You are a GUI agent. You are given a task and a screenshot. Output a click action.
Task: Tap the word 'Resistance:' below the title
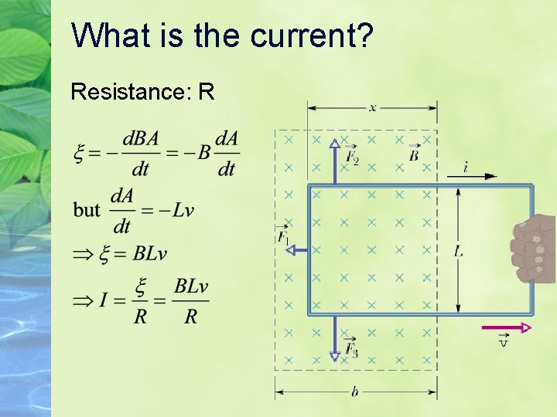(131, 93)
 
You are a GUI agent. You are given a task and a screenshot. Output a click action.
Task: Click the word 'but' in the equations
(87, 209)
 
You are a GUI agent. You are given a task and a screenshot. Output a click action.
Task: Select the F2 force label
(351, 155)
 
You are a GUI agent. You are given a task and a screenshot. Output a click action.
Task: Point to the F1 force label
(283, 235)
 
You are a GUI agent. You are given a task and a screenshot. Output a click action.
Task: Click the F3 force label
(351, 349)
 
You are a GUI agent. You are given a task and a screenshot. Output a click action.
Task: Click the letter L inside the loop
(459, 250)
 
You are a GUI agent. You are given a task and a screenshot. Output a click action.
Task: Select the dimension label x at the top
(372, 107)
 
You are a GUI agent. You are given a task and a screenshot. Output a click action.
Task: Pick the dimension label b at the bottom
(354, 392)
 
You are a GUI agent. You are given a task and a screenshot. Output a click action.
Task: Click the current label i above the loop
(466, 165)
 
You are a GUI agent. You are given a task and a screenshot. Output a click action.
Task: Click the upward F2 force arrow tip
(334, 143)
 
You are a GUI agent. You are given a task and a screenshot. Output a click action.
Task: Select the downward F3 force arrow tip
(334, 356)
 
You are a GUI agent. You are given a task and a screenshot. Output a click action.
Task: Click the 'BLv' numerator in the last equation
(191, 286)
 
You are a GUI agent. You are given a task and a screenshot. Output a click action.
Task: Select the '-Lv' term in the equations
(177, 210)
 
